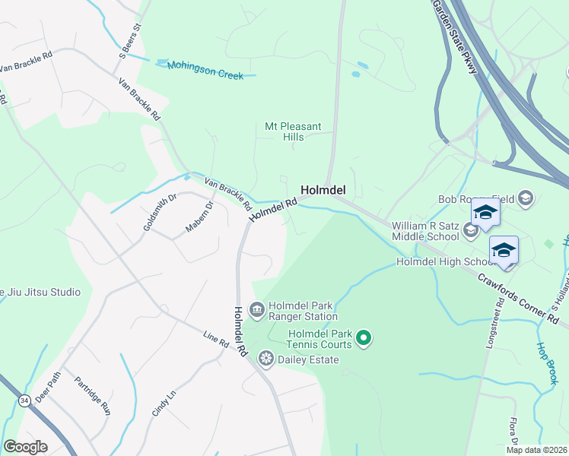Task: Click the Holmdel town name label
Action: [324, 190]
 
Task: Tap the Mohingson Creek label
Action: [205, 70]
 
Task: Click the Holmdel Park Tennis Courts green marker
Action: [364, 338]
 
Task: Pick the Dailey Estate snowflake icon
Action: [266, 357]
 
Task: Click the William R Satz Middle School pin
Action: [485, 212]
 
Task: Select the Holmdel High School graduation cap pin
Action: [504, 249]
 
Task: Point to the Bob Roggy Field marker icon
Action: [526, 199]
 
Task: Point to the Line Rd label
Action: [216, 340]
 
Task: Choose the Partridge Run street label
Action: [93, 394]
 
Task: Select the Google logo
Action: [25, 447]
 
